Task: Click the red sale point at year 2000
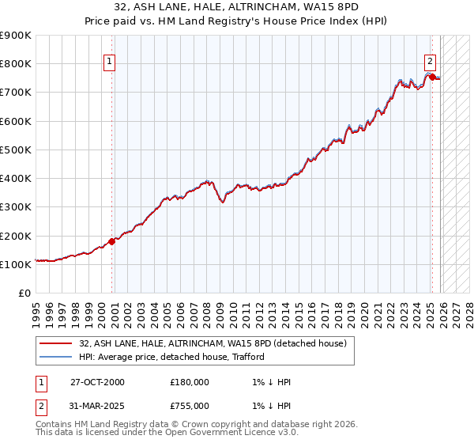[111, 241]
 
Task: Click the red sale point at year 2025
[431, 77]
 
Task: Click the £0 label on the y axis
[24, 293]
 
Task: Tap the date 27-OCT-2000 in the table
[97, 382]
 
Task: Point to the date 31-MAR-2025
[97, 406]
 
